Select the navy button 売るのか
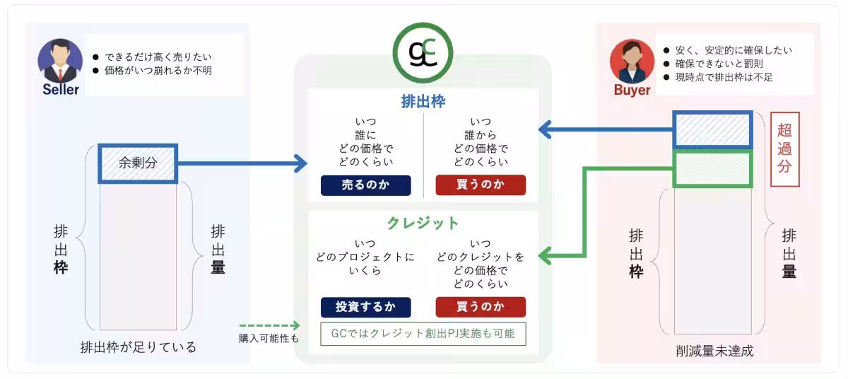click(365, 185)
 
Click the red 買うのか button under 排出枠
click(481, 185)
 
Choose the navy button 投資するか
click(365, 308)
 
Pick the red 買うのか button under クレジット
click(481, 308)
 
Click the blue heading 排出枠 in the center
click(423, 100)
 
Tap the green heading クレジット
click(423, 223)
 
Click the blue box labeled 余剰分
click(137, 163)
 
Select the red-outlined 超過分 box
click(784, 149)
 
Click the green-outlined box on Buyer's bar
click(712, 170)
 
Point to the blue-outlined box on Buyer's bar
click(712, 130)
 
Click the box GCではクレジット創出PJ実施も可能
click(423, 333)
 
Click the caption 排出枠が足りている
click(139, 347)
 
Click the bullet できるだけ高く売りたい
click(158, 57)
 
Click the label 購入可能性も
click(269, 338)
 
